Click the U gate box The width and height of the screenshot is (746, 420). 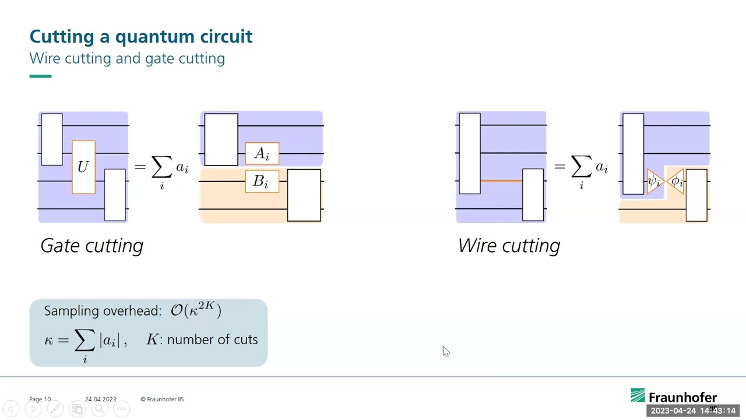pyautogui.click(x=83, y=167)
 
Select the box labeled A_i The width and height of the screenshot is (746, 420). pyautogui.click(x=262, y=153)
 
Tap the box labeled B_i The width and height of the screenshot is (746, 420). pyautogui.click(x=262, y=181)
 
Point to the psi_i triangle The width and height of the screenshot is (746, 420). pyautogui.click(x=654, y=181)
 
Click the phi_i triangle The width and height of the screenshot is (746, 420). pyautogui.click(x=676, y=181)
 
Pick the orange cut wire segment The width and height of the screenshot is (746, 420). pyautogui.click(x=501, y=181)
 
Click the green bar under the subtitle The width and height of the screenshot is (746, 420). pyautogui.click(x=40, y=76)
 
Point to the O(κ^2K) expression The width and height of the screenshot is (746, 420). pyautogui.click(x=196, y=310)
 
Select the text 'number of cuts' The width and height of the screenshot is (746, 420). pyautogui.click(x=212, y=339)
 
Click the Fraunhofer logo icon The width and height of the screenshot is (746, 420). pyautogui.click(x=638, y=396)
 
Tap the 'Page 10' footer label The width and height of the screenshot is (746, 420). pyautogui.click(x=40, y=399)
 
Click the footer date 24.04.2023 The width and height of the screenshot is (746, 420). pyautogui.click(x=100, y=399)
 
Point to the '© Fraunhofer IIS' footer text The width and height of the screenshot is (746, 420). pyautogui.click(x=162, y=399)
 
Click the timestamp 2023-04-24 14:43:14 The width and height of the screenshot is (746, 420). pyautogui.click(x=693, y=411)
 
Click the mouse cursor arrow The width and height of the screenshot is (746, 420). pyautogui.click(x=445, y=351)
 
